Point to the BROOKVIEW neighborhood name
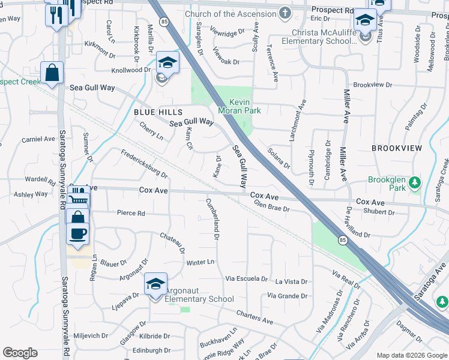(397, 148)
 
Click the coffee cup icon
(78, 233)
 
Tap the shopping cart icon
(78, 197)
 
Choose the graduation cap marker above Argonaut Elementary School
(155, 283)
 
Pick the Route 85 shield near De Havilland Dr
(342, 241)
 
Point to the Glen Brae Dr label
(272, 206)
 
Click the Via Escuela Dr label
(246, 278)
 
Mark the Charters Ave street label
(255, 314)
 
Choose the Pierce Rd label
(131, 213)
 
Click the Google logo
(20, 353)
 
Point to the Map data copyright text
(412, 355)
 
